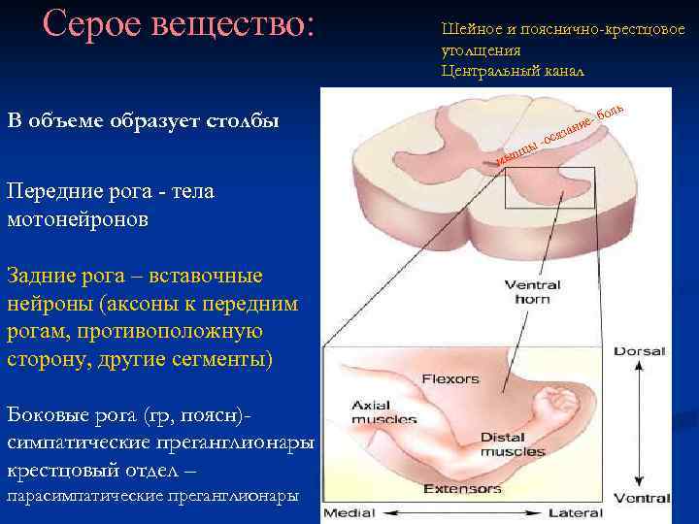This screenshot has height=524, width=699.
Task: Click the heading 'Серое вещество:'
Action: (180, 25)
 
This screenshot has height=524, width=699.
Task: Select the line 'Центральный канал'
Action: (513, 71)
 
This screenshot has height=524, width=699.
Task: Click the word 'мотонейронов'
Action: (78, 220)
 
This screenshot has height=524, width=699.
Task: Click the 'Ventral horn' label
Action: (526, 292)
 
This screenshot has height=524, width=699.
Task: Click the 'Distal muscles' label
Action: (505, 444)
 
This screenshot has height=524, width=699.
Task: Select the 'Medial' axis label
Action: (350, 511)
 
